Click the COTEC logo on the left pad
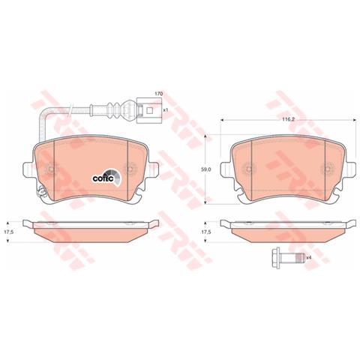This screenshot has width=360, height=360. [106, 178]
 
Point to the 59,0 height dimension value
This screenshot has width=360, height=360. [206, 169]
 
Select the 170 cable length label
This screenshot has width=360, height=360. [158, 94]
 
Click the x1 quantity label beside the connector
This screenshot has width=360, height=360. [165, 110]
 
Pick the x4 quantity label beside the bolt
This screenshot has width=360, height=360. [308, 257]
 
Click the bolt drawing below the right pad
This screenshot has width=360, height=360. [288, 257]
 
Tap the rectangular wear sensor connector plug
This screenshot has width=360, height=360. [149, 110]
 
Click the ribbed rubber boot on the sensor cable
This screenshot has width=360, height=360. [114, 109]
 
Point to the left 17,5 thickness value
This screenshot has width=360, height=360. [8, 232]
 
